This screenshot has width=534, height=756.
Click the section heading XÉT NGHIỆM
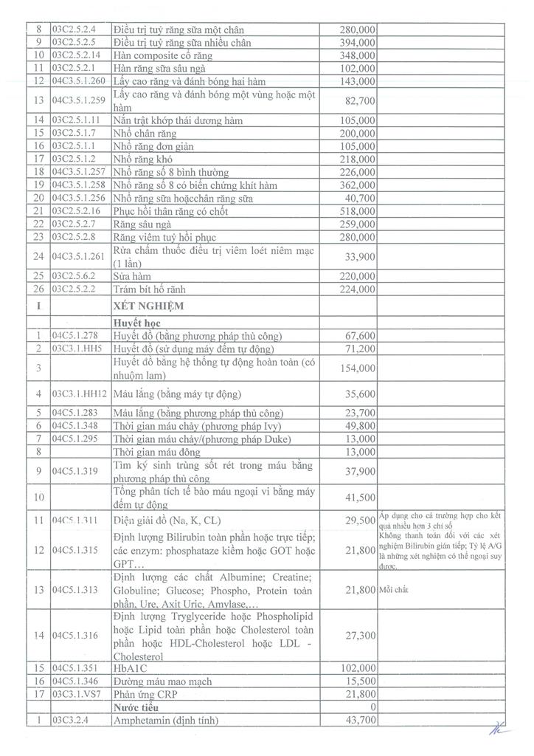148,305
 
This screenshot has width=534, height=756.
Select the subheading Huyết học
140,322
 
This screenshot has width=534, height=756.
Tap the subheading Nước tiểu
136,707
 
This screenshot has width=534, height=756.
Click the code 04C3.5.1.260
80,81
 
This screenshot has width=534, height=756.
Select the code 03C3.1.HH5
77,348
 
